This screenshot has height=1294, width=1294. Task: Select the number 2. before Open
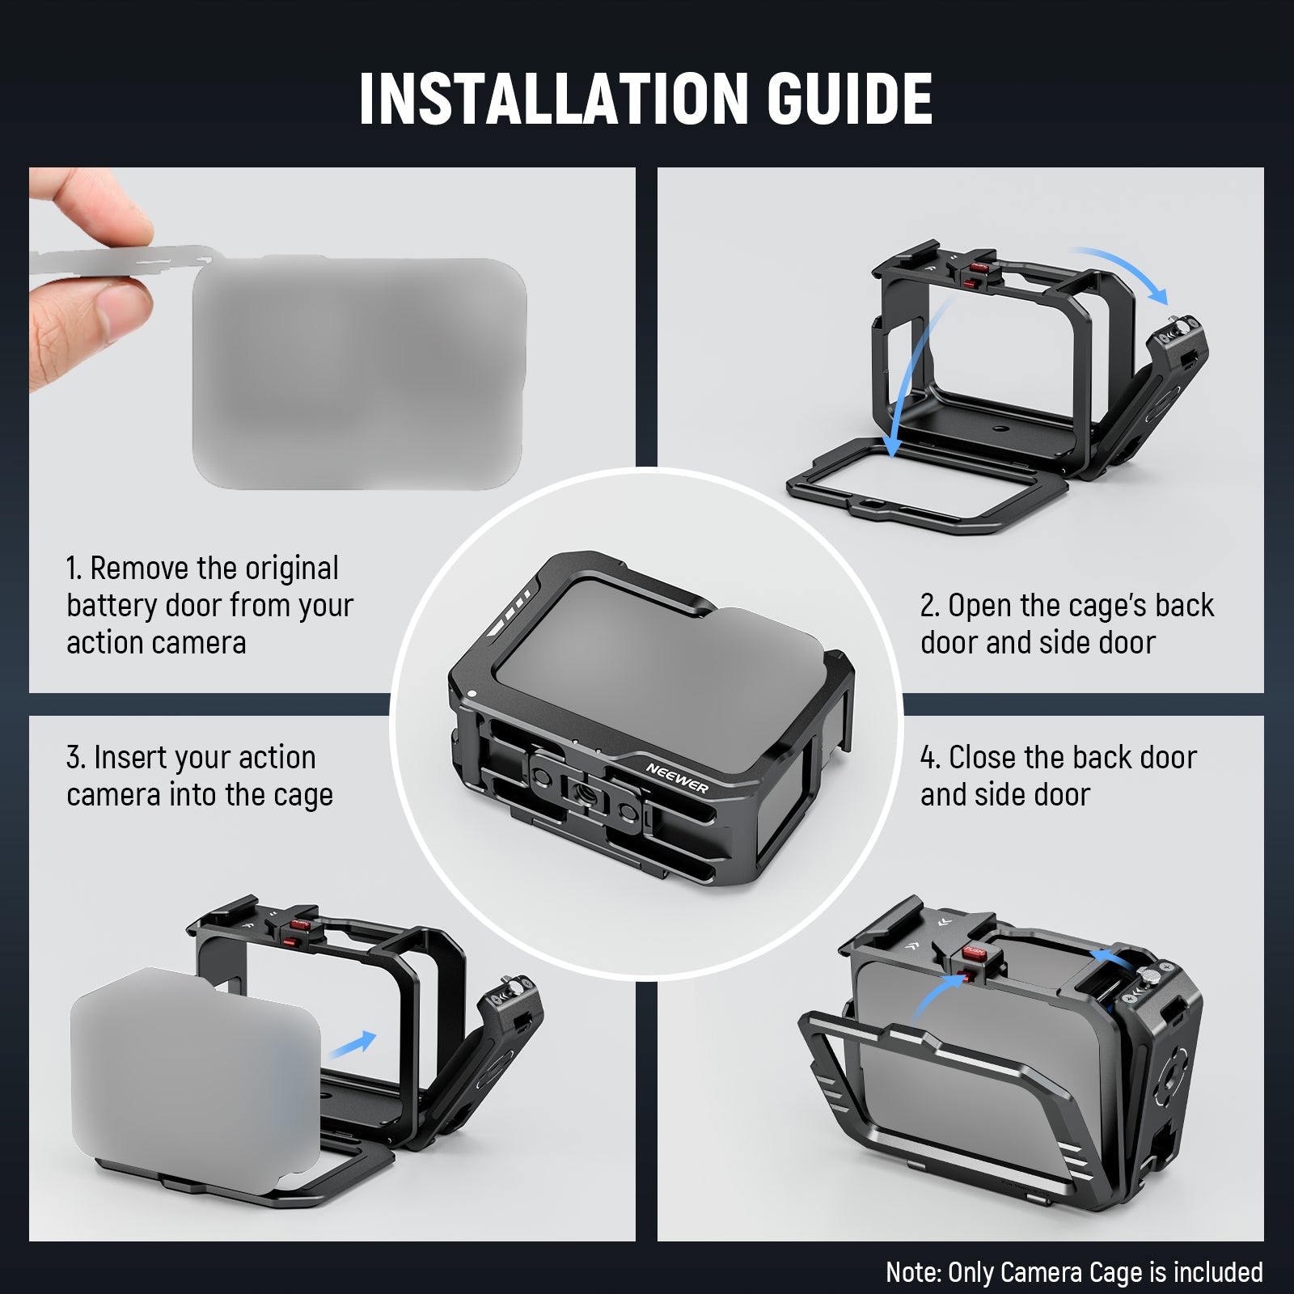click(x=930, y=606)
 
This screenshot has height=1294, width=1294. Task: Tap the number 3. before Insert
click(x=76, y=758)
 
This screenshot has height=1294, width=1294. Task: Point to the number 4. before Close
click(x=930, y=758)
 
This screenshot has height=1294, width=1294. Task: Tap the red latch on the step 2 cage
click(x=979, y=267)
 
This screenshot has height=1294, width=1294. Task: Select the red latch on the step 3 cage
click(x=301, y=925)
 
